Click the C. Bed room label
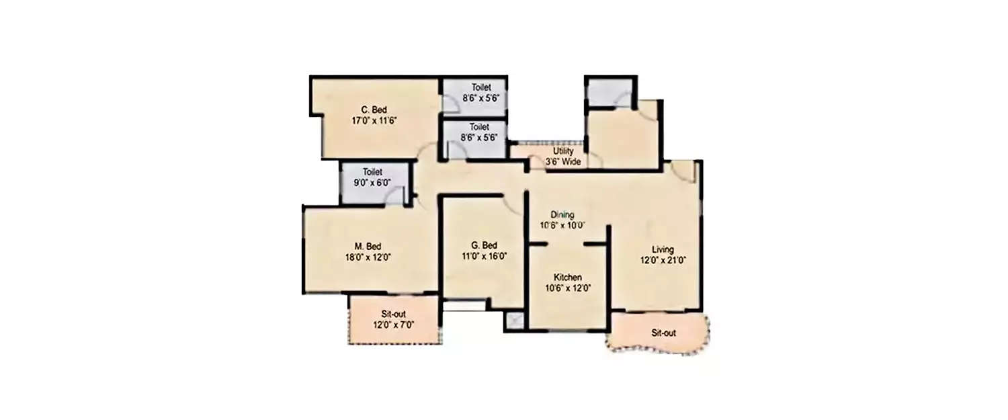click(x=374, y=110)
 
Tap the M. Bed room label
click(x=368, y=246)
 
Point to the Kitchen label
click(x=568, y=278)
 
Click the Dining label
click(x=562, y=215)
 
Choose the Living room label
click(x=662, y=249)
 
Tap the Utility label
click(x=563, y=152)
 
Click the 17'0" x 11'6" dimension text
click(x=374, y=122)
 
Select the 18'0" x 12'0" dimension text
click(x=368, y=257)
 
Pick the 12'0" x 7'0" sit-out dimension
click(x=393, y=325)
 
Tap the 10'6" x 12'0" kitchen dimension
click(x=568, y=288)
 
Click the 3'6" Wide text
click(x=563, y=162)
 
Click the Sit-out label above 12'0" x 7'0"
click(x=393, y=314)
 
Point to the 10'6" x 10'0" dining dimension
click(x=562, y=226)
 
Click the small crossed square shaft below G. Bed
click(x=515, y=321)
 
